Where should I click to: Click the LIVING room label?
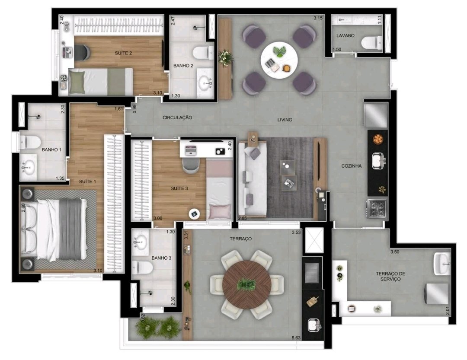point(285,120)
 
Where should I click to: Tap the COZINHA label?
point(352,166)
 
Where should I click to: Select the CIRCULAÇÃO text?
point(177,118)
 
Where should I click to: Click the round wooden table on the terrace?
point(247,284)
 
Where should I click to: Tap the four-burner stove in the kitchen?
point(377,208)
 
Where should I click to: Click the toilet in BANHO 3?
point(142,267)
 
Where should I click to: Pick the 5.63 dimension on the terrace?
point(296,338)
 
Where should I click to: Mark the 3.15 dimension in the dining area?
point(318,18)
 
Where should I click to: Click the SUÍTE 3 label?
point(179,188)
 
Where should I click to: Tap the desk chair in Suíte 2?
point(82,51)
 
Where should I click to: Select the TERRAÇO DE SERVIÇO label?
point(390,276)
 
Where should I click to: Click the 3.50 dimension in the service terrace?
point(395,252)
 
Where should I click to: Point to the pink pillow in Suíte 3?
point(220,211)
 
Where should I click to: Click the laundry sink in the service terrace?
point(442,264)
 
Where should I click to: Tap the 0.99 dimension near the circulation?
point(134,108)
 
